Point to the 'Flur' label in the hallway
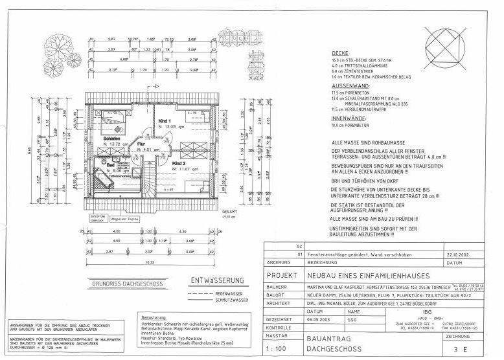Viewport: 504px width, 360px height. [x=148, y=144]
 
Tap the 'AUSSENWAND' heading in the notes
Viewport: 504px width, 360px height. [x=350, y=85]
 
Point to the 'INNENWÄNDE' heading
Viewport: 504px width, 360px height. [x=349, y=119]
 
